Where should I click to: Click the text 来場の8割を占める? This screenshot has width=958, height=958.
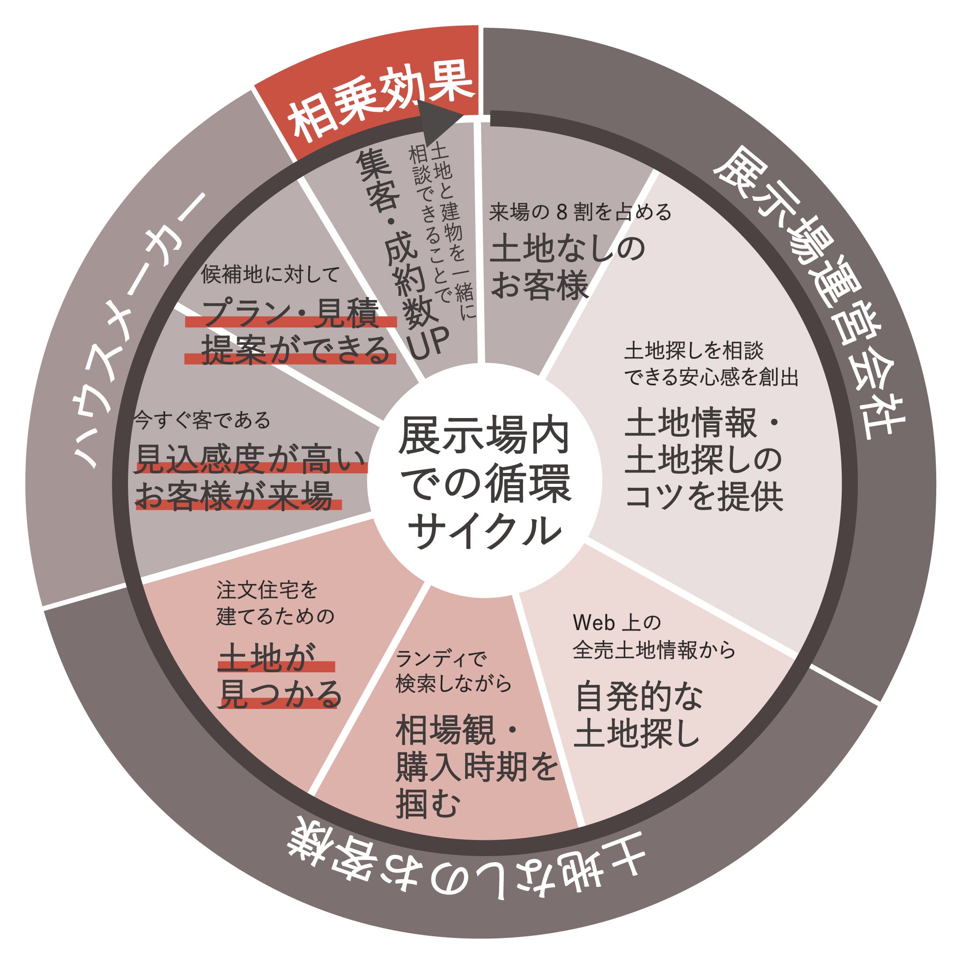pyautogui.click(x=580, y=212)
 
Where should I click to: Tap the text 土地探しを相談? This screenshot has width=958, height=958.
pyautogui.click(x=694, y=351)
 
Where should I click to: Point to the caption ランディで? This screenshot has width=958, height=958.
pyautogui.click(x=441, y=659)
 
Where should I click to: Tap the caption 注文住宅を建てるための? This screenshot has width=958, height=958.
pyautogui.click(x=275, y=603)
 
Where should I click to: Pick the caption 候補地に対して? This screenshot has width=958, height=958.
pyautogui.click(x=270, y=274)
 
